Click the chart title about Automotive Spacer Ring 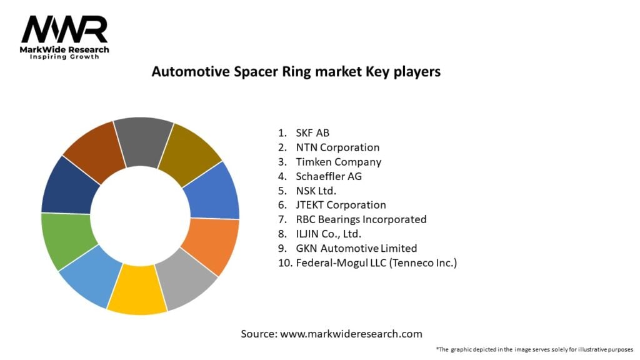point(296,72)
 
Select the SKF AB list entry point(312,132)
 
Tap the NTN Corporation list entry point(337,147)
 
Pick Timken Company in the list point(338,162)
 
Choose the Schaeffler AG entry point(329,176)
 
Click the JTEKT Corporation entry point(341,205)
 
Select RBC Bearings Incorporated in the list point(361,219)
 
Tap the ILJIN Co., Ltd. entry point(329,234)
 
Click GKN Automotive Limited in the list point(356,248)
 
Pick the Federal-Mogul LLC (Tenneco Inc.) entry point(376,263)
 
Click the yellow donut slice point(137,290)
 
